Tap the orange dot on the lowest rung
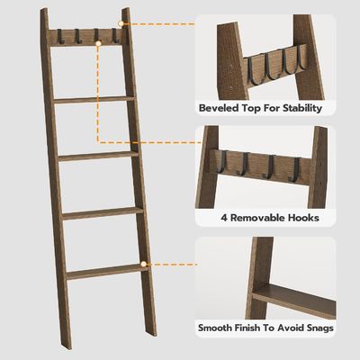click(143, 265)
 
